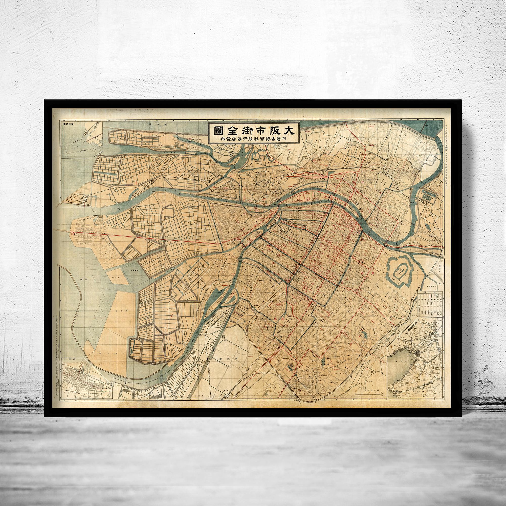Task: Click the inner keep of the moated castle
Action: point(401,276)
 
